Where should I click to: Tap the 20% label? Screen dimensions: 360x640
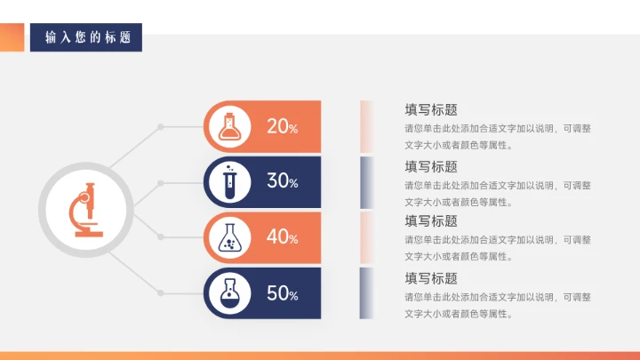(282, 126)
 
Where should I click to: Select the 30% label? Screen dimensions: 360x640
(282, 181)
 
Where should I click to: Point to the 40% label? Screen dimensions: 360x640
(282, 237)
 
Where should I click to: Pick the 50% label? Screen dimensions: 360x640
(282, 293)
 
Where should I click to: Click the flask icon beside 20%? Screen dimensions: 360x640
(230, 126)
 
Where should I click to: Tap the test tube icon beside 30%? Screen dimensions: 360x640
(230, 181)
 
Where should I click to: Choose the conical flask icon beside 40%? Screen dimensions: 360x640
(230, 237)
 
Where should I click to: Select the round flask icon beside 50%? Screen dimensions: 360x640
(230, 293)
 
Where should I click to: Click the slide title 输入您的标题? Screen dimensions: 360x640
(87, 37)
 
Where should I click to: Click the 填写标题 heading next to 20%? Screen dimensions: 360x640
(431, 110)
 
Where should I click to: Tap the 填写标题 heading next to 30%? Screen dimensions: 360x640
(431, 166)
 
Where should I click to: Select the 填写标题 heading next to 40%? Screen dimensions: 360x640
(431, 221)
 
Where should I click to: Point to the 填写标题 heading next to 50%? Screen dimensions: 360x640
(431, 278)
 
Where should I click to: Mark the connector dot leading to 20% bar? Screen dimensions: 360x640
(161, 127)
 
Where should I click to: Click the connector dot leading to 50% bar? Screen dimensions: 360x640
(161, 292)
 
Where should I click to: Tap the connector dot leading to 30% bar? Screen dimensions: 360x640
(161, 183)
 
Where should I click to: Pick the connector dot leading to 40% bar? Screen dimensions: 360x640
(161, 236)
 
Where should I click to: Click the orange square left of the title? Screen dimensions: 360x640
(12, 37)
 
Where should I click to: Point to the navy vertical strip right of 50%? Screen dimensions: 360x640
(364, 292)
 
